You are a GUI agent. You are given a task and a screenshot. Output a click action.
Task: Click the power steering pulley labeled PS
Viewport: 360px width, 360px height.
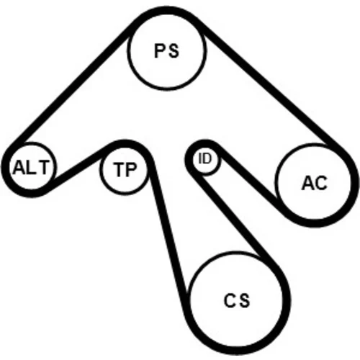point(167,51)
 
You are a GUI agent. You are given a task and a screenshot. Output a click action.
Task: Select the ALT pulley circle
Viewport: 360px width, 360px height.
point(31,168)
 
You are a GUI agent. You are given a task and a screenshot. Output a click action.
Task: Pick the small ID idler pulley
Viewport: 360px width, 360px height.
point(205,159)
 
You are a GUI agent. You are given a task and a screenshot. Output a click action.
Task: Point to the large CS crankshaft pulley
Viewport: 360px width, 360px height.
point(236,300)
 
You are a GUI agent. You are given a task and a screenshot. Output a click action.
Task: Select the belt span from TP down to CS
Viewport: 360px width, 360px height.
point(168,228)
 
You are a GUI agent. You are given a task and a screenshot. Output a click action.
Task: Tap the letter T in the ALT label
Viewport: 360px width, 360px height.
point(42,167)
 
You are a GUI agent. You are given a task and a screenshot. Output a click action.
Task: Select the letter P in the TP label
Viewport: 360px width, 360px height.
point(131,170)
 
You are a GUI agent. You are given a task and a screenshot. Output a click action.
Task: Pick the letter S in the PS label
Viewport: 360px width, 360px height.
point(174,51)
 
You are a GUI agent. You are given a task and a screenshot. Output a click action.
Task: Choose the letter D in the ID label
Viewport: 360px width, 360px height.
point(207,159)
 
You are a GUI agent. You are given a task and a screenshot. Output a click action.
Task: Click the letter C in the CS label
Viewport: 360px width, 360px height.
point(230,300)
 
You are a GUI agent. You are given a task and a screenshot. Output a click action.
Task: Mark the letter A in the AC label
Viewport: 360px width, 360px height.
point(307,183)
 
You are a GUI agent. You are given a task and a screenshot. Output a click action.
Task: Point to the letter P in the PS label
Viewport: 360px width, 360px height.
point(160,51)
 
